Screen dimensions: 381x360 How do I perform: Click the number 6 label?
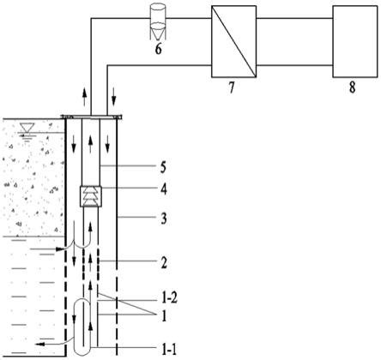(x=158, y=49)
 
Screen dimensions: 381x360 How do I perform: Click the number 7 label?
(x=231, y=87)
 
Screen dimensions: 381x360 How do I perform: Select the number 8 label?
(x=352, y=87)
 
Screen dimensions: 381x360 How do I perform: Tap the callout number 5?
(x=163, y=167)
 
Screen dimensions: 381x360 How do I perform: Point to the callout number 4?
(x=163, y=189)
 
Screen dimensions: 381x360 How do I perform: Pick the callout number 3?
(x=163, y=219)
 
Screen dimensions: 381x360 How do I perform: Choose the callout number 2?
(x=164, y=263)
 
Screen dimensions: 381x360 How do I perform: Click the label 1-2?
(x=169, y=298)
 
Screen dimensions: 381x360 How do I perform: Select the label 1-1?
(x=169, y=350)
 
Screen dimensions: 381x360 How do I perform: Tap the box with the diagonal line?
(x=233, y=41)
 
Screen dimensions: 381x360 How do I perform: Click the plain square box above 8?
(x=355, y=41)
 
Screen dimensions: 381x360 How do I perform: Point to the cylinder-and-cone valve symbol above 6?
(x=158, y=21)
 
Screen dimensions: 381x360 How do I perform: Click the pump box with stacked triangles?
(x=91, y=196)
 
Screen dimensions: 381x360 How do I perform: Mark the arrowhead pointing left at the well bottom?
(x=39, y=344)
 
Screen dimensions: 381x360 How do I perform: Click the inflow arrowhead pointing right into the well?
(x=59, y=249)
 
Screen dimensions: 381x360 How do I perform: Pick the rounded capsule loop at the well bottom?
(x=83, y=327)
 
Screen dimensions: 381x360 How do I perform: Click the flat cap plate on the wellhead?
(x=92, y=117)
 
